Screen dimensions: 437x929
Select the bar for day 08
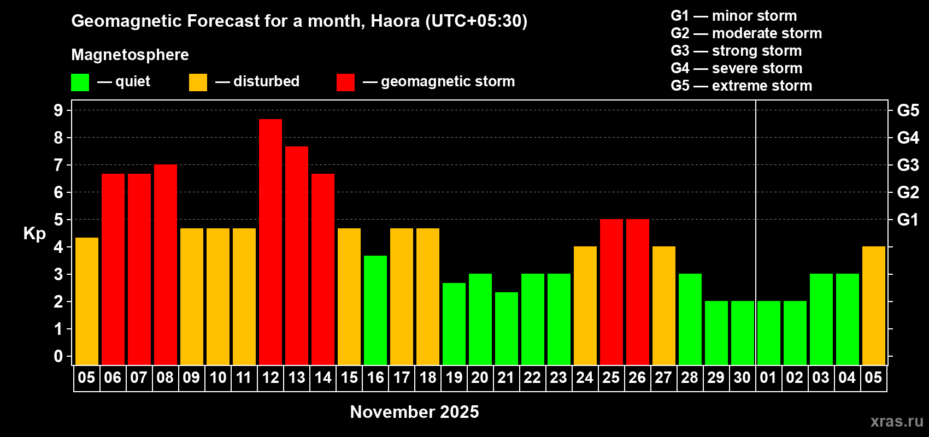166,265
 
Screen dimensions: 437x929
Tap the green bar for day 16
375,310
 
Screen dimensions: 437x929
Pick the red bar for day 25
612,292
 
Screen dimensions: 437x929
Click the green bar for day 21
507,328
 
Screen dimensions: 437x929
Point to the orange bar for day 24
585,306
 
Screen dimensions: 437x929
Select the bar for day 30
743,333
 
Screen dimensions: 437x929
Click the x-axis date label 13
297,378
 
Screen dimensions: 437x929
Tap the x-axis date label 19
454,378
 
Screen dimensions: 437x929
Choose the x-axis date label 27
663,378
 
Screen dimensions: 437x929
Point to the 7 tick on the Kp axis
58,165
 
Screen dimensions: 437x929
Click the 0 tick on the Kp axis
58,357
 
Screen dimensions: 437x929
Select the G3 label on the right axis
908,165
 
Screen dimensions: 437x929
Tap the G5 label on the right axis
908,110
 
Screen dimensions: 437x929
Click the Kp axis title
34,234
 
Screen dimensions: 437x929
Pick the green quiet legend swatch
80,82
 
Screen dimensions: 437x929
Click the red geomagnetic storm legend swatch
345,82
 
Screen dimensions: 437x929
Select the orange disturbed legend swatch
198,82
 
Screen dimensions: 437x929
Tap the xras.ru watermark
897,421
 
